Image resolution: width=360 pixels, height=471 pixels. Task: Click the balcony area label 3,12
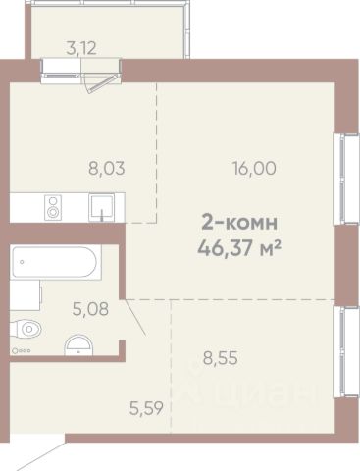81,48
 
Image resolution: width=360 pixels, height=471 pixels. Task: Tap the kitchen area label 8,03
107,169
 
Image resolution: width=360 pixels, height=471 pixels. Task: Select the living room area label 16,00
254,169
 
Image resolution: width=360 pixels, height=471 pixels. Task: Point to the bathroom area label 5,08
90,309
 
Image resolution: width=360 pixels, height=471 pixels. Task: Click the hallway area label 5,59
146,408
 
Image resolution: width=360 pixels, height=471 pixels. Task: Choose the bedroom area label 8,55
221,358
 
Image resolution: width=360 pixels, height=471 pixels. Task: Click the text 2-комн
239,222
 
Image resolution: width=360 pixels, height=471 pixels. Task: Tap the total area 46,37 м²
239,248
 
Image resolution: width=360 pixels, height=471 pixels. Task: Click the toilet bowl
26,329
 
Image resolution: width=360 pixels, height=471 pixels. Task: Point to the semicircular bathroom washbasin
78,345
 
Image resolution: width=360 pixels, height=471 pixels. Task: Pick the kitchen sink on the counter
102,207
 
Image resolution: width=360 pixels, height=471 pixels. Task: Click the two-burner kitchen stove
53,207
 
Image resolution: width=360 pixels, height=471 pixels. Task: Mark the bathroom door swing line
135,317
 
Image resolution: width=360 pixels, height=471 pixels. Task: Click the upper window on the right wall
341,180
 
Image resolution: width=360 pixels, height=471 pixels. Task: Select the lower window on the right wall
341,352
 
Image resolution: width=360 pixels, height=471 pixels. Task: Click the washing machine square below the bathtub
26,295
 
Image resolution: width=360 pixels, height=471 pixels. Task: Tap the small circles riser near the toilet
21,351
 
